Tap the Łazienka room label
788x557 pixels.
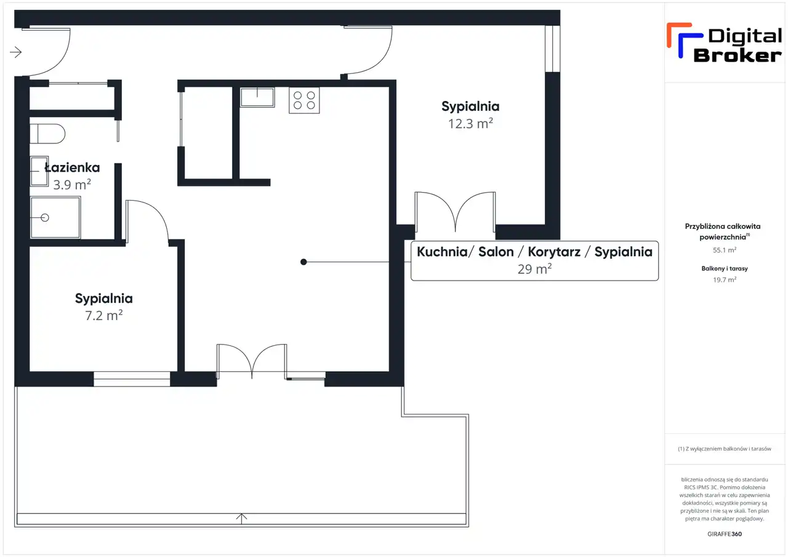(73, 168)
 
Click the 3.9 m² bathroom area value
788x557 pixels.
(72, 185)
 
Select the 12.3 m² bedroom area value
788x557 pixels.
(470, 124)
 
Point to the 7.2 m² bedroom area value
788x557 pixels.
(104, 315)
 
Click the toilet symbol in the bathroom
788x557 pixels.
(47, 134)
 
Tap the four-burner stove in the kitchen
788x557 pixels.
(304, 100)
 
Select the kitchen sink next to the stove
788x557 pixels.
(257, 97)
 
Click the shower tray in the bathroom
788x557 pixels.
(55, 218)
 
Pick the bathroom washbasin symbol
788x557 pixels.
(39, 171)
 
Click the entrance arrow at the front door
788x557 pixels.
(16, 52)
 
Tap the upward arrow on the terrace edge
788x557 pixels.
(241, 519)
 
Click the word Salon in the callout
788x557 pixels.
(496, 252)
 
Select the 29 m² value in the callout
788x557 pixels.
(534, 269)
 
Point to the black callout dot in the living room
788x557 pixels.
(304, 262)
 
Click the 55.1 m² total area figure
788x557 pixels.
(725, 250)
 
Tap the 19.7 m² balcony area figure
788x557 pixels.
(725, 279)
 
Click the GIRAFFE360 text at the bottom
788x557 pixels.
(725, 534)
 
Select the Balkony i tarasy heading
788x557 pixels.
(725, 268)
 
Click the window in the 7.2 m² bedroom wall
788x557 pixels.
(132, 379)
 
